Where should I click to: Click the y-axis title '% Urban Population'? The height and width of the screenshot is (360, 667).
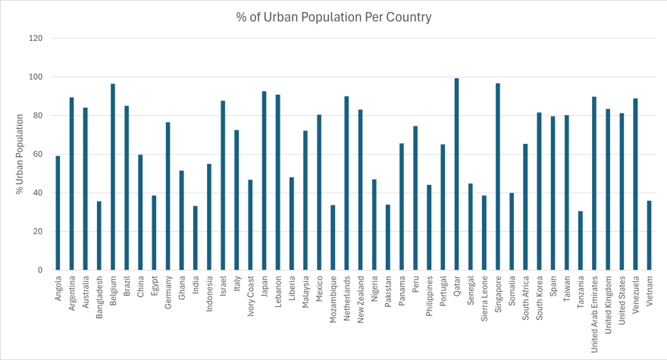tap(20, 155)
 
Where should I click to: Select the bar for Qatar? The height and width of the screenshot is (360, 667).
tap(456, 174)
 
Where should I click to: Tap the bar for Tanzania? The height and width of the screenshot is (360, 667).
tap(581, 240)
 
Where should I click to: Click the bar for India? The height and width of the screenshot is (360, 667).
tap(196, 238)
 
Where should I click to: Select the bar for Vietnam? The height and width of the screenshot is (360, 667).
tap(650, 235)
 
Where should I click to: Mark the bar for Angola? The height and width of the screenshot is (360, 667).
tap(58, 213)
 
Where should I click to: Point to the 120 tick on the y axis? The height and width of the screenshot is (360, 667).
tap(36, 38)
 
